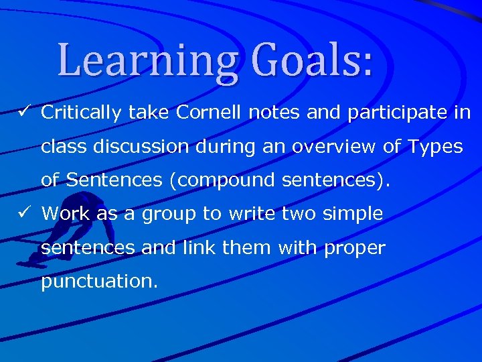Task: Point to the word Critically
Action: coord(80,113)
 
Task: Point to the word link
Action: coord(199,248)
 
